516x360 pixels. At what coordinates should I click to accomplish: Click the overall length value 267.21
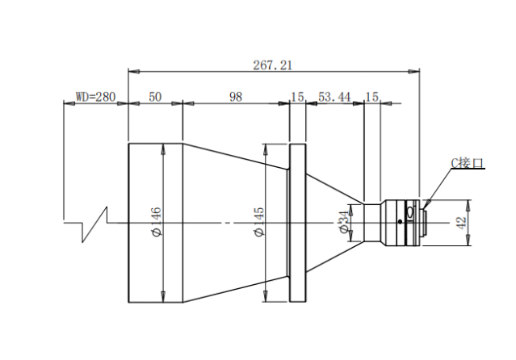coord(272,65)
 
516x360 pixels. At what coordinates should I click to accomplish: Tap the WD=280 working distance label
coord(96,97)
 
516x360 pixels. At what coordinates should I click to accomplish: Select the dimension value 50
coord(155,97)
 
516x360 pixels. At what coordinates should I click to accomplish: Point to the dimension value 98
coord(236,97)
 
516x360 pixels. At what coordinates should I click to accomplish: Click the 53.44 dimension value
coord(334,97)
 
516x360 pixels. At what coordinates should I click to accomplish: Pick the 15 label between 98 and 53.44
coord(297,97)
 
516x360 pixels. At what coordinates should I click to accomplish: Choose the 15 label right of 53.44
coord(372,97)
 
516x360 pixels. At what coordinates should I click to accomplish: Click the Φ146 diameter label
coord(155,221)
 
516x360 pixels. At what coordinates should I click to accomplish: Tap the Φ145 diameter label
coord(259,221)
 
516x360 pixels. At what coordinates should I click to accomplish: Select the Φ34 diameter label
coord(343,222)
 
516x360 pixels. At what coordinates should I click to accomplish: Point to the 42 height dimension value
coord(461,223)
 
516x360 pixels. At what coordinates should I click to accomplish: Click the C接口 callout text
coord(467,163)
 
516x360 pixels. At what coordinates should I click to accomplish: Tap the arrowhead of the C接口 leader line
coord(427,204)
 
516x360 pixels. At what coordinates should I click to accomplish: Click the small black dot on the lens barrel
coord(400,221)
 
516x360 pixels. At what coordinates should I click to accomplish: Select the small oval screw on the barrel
coord(410,211)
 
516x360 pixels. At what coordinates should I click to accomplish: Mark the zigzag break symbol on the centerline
coord(94,224)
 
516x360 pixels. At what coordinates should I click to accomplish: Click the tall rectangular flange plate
coord(297,223)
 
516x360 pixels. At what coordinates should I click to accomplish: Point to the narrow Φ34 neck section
coord(372,223)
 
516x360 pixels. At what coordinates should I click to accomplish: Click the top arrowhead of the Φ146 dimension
coord(162,149)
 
